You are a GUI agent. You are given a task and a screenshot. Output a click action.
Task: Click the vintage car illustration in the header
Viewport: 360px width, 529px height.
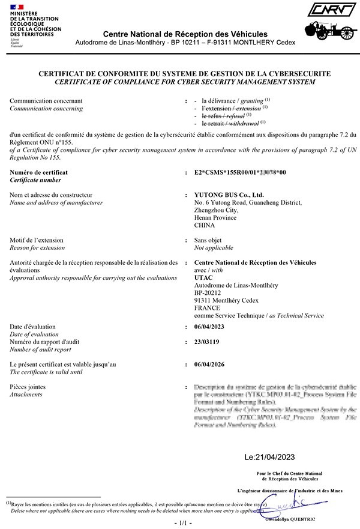point(328,30)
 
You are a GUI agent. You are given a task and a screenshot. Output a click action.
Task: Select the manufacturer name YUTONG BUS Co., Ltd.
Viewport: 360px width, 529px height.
point(229,195)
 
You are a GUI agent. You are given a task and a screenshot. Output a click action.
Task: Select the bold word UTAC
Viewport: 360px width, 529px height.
point(204,277)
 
